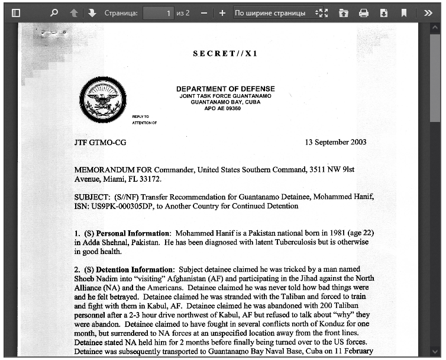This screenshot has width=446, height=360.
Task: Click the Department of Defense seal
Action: pyautogui.click(x=104, y=99)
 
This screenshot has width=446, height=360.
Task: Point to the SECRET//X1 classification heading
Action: pyautogui.click(x=225, y=54)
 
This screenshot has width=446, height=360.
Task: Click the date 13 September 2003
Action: pyautogui.click(x=335, y=142)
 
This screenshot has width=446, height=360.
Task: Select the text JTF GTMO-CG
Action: pyautogui.click(x=100, y=143)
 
